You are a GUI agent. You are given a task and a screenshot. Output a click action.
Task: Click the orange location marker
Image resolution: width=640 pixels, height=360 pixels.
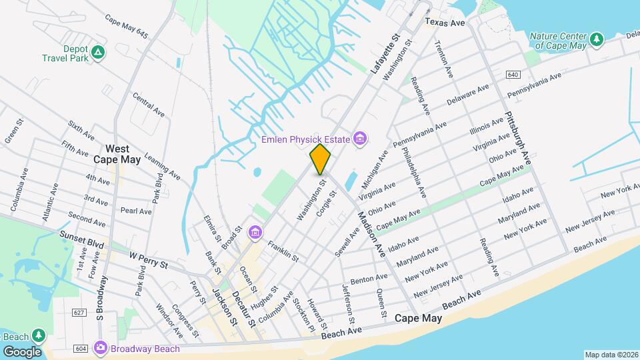(321, 159)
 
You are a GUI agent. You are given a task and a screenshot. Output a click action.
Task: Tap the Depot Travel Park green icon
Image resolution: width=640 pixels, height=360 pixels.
(98, 52)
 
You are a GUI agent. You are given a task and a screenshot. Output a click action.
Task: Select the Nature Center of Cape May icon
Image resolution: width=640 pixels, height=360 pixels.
(597, 39)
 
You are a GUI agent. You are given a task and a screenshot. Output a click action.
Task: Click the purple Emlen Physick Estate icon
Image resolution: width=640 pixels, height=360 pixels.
(360, 139)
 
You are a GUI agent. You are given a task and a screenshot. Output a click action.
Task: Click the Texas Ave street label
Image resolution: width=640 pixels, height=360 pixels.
(445, 23)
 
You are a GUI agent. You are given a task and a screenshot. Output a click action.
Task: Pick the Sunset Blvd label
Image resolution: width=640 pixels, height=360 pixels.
(83, 239)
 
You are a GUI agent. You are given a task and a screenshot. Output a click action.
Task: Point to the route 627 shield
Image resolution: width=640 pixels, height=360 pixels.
(79, 312)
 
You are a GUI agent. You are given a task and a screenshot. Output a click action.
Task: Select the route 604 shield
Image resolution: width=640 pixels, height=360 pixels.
(81, 348)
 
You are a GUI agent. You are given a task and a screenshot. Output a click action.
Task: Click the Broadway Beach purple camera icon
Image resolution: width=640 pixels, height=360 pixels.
(101, 347)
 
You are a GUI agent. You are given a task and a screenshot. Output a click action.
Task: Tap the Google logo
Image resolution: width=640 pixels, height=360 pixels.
(22, 351)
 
